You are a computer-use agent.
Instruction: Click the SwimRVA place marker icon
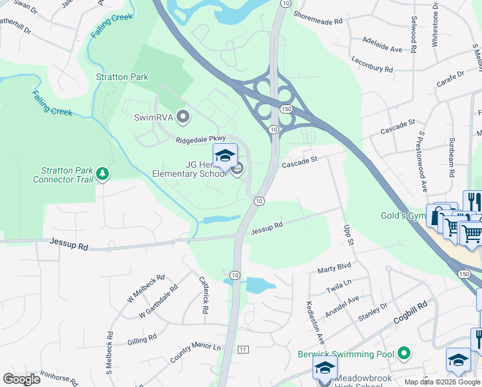click(x=184, y=117)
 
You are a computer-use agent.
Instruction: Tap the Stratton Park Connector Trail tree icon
click(x=102, y=174)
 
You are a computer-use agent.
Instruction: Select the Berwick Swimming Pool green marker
click(x=404, y=353)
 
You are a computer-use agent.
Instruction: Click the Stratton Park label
click(x=122, y=77)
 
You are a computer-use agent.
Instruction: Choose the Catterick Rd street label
click(x=204, y=295)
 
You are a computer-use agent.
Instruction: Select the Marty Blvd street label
click(x=334, y=266)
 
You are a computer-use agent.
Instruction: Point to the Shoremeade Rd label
click(x=317, y=21)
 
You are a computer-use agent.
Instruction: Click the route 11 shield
click(x=242, y=349)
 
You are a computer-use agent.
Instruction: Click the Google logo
click(x=21, y=379)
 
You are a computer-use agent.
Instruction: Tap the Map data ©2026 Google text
click(x=442, y=382)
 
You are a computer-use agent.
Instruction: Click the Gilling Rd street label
click(x=142, y=339)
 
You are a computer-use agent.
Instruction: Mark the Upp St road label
click(x=349, y=234)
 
